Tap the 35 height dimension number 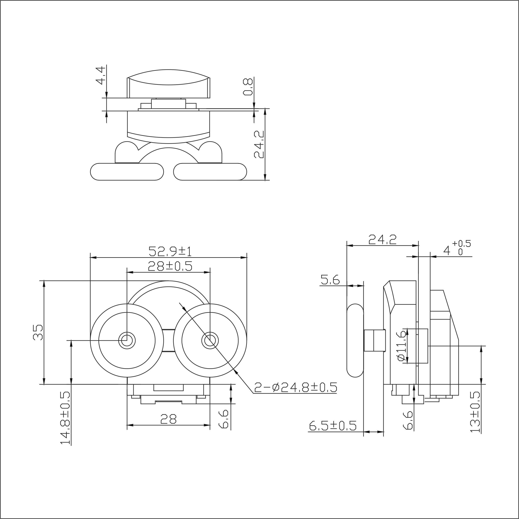tap(38, 333)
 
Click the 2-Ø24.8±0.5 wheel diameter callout tap(296, 387)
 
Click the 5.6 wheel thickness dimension tap(330, 279)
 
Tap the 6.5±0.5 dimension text tap(333, 426)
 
